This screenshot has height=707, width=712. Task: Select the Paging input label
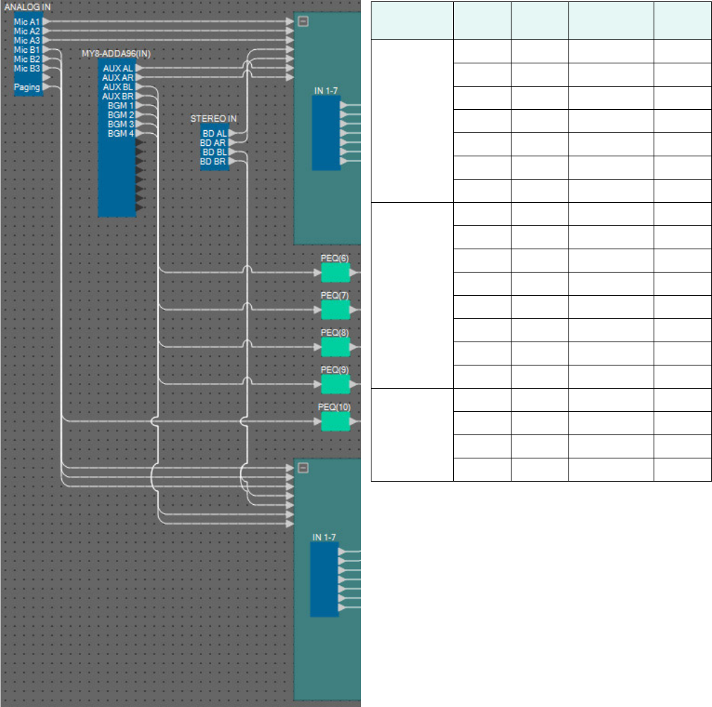[27, 87]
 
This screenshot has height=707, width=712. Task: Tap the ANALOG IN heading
[27, 7]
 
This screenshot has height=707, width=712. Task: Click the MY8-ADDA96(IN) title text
[116, 54]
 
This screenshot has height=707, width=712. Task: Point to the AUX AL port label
[117, 68]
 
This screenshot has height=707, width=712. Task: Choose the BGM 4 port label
[120, 133]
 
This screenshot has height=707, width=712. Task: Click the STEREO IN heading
[213, 119]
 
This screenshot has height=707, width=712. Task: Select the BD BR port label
[213, 161]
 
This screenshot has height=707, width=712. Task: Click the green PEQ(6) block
[335, 272]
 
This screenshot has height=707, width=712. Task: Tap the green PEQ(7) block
[335, 309]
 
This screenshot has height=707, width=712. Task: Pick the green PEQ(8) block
[335, 346]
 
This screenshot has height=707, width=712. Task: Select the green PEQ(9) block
[335, 384]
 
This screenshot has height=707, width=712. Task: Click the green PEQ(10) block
[335, 421]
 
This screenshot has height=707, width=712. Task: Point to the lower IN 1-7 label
[324, 537]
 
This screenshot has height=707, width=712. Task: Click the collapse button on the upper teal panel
[303, 21]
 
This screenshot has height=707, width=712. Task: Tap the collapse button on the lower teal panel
[303, 468]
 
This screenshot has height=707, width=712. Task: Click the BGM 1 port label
[120, 105]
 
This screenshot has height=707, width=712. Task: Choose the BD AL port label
[213, 133]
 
